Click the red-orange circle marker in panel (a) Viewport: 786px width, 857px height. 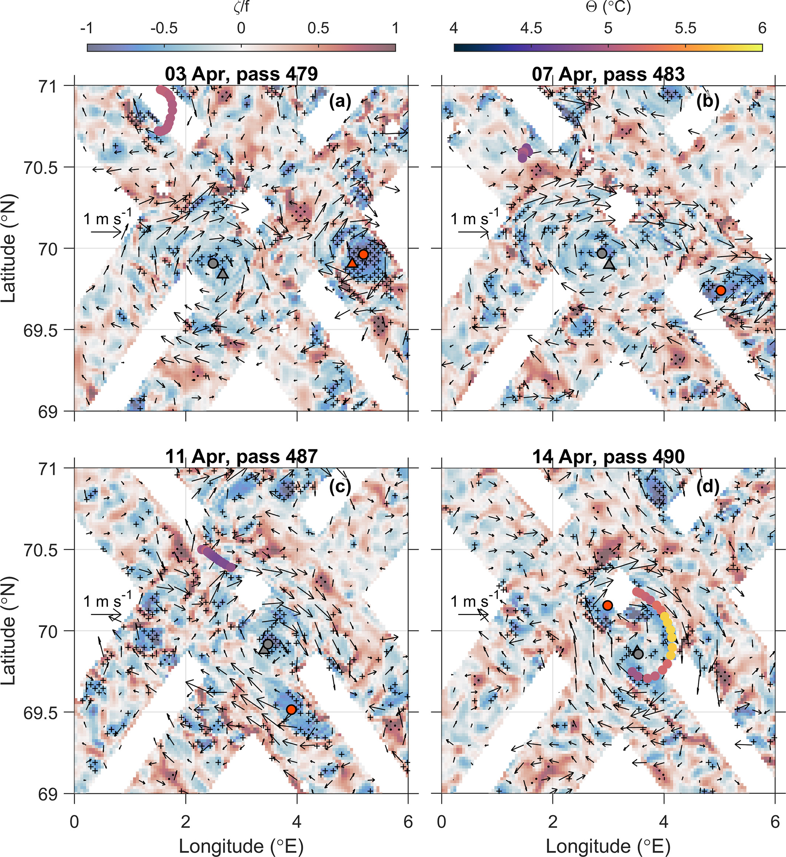[x=363, y=254]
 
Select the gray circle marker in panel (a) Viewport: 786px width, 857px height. [x=213, y=263]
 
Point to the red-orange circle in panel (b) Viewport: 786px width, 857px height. [x=721, y=290]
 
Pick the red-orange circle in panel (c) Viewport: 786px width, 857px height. [x=291, y=709]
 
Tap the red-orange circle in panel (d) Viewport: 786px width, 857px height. [x=608, y=605]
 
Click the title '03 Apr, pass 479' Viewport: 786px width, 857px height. [x=241, y=75]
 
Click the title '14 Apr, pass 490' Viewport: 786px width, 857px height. [x=609, y=457]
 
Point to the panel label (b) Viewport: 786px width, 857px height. [x=708, y=101]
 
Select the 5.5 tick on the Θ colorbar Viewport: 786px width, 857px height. [x=686, y=29]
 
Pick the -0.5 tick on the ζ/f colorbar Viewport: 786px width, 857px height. [x=164, y=29]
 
